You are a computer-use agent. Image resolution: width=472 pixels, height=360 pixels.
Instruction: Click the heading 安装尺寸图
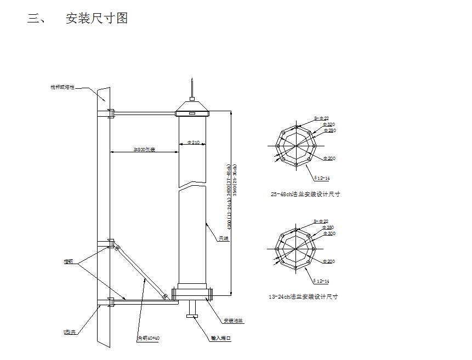click(x=96, y=18)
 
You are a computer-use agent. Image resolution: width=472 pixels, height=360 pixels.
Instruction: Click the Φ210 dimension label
click(x=193, y=142)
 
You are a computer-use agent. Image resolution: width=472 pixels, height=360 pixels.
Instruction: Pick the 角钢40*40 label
click(x=148, y=338)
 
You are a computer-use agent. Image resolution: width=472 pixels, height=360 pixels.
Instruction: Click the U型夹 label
click(x=69, y=332)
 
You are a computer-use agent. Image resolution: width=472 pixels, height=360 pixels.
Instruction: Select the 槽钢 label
click(x=68, y=262)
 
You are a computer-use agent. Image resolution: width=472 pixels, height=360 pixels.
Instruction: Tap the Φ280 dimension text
click(x=329, y=130)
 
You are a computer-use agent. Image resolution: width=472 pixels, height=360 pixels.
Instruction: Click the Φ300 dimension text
click(x=329, y=233)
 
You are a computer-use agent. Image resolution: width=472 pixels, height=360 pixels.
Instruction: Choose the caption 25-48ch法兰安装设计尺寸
click(x=305, y=194)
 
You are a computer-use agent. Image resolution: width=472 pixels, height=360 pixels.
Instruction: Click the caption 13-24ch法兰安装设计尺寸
click(x=303, y=296)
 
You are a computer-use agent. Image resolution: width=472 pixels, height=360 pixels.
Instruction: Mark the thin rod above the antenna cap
click(x=192, y=89)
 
